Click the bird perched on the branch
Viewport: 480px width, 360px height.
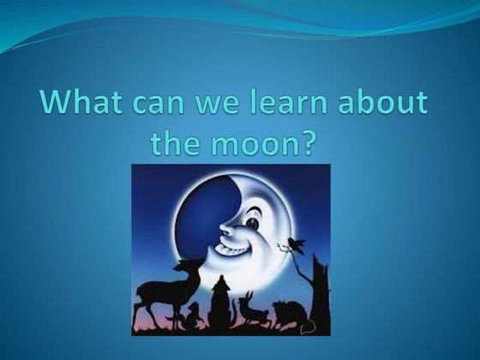297,245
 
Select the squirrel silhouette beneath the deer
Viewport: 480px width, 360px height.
194,315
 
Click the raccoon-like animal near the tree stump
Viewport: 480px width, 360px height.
286,315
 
